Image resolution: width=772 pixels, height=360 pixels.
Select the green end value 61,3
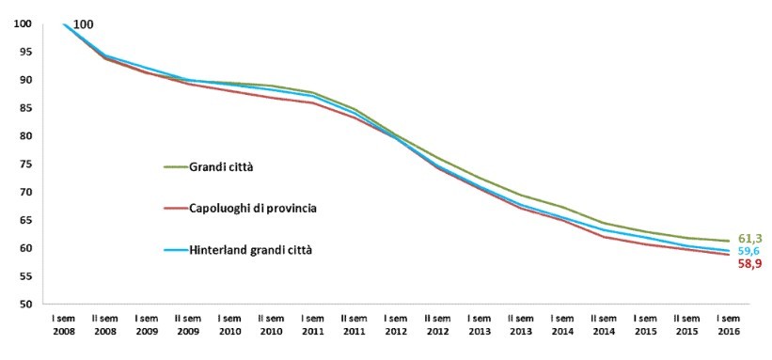tap(749, 240)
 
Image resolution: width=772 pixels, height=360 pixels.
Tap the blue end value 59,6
tap(749, 252)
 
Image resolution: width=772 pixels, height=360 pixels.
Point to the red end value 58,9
tap(749, 265)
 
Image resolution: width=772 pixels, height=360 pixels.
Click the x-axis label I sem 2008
tap(65, 325)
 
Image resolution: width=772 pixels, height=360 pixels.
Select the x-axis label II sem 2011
tap(354, 325)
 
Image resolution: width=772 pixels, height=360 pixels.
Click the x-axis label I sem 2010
tap(229, 325)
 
